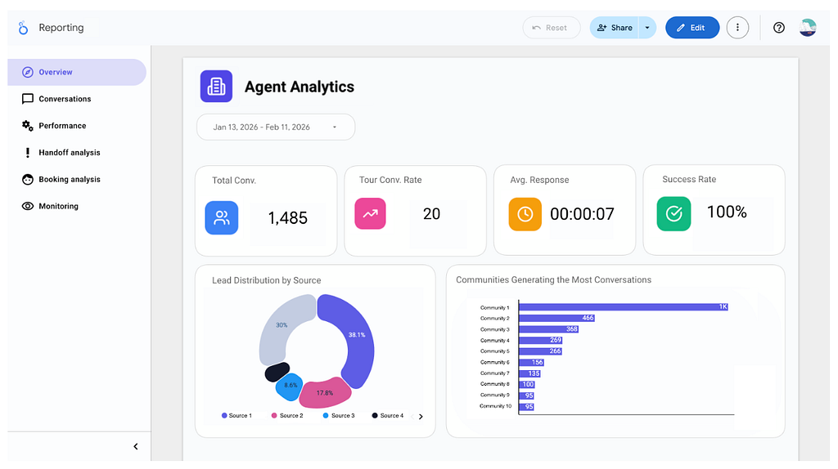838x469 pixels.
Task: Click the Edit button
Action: [x=692, y=28]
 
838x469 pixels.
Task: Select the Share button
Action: [x=615, y=28]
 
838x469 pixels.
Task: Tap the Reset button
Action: [x=551, y=28]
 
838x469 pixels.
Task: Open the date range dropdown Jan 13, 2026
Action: [x=276, y=127]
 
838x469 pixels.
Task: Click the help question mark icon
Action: [x=779, y=28]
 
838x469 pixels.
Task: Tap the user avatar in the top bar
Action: [x=808, y=28]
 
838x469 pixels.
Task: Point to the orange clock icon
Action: [x=525, y=214]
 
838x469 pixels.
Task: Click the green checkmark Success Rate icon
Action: [x=674, y=213]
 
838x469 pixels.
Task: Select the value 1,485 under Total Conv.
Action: [x=287, y=217]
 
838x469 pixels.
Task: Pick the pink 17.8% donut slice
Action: [x=325, y=393]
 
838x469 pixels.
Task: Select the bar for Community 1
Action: [x=623, y=306]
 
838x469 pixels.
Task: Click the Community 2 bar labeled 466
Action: [x=556, y=318]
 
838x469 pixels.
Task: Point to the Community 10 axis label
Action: [x=495, y=406]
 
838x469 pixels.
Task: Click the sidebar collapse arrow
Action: [x=136, y=447]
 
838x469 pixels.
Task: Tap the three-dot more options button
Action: [x=737, y=28]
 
